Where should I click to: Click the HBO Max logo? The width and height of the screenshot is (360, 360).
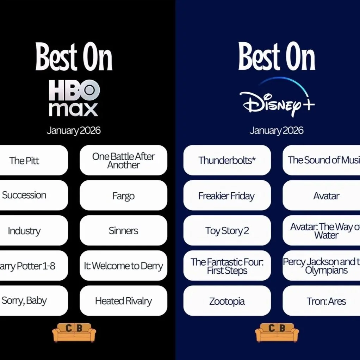(74, 98)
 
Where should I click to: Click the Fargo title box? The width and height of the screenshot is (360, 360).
(123, 195)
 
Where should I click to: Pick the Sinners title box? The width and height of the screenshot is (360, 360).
(123, 231)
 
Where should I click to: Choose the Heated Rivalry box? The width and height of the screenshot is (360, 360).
(123, 301)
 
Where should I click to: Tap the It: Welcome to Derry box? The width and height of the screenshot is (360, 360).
(123, 266)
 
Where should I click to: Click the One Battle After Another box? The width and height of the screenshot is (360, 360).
(123, 160)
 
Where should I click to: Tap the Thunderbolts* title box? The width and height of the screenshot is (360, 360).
(227, 160)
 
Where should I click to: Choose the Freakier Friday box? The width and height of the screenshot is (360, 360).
(227, 195)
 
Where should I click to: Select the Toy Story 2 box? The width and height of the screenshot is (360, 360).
(227, 231)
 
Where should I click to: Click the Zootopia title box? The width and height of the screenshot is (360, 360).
(227, 301)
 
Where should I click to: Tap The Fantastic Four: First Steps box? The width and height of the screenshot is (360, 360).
(227, 266)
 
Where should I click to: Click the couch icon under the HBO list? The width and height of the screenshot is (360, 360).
(74, 332)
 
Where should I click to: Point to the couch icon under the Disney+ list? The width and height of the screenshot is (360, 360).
(277, 332)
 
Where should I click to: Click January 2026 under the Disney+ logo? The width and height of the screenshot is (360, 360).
(277, 130)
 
